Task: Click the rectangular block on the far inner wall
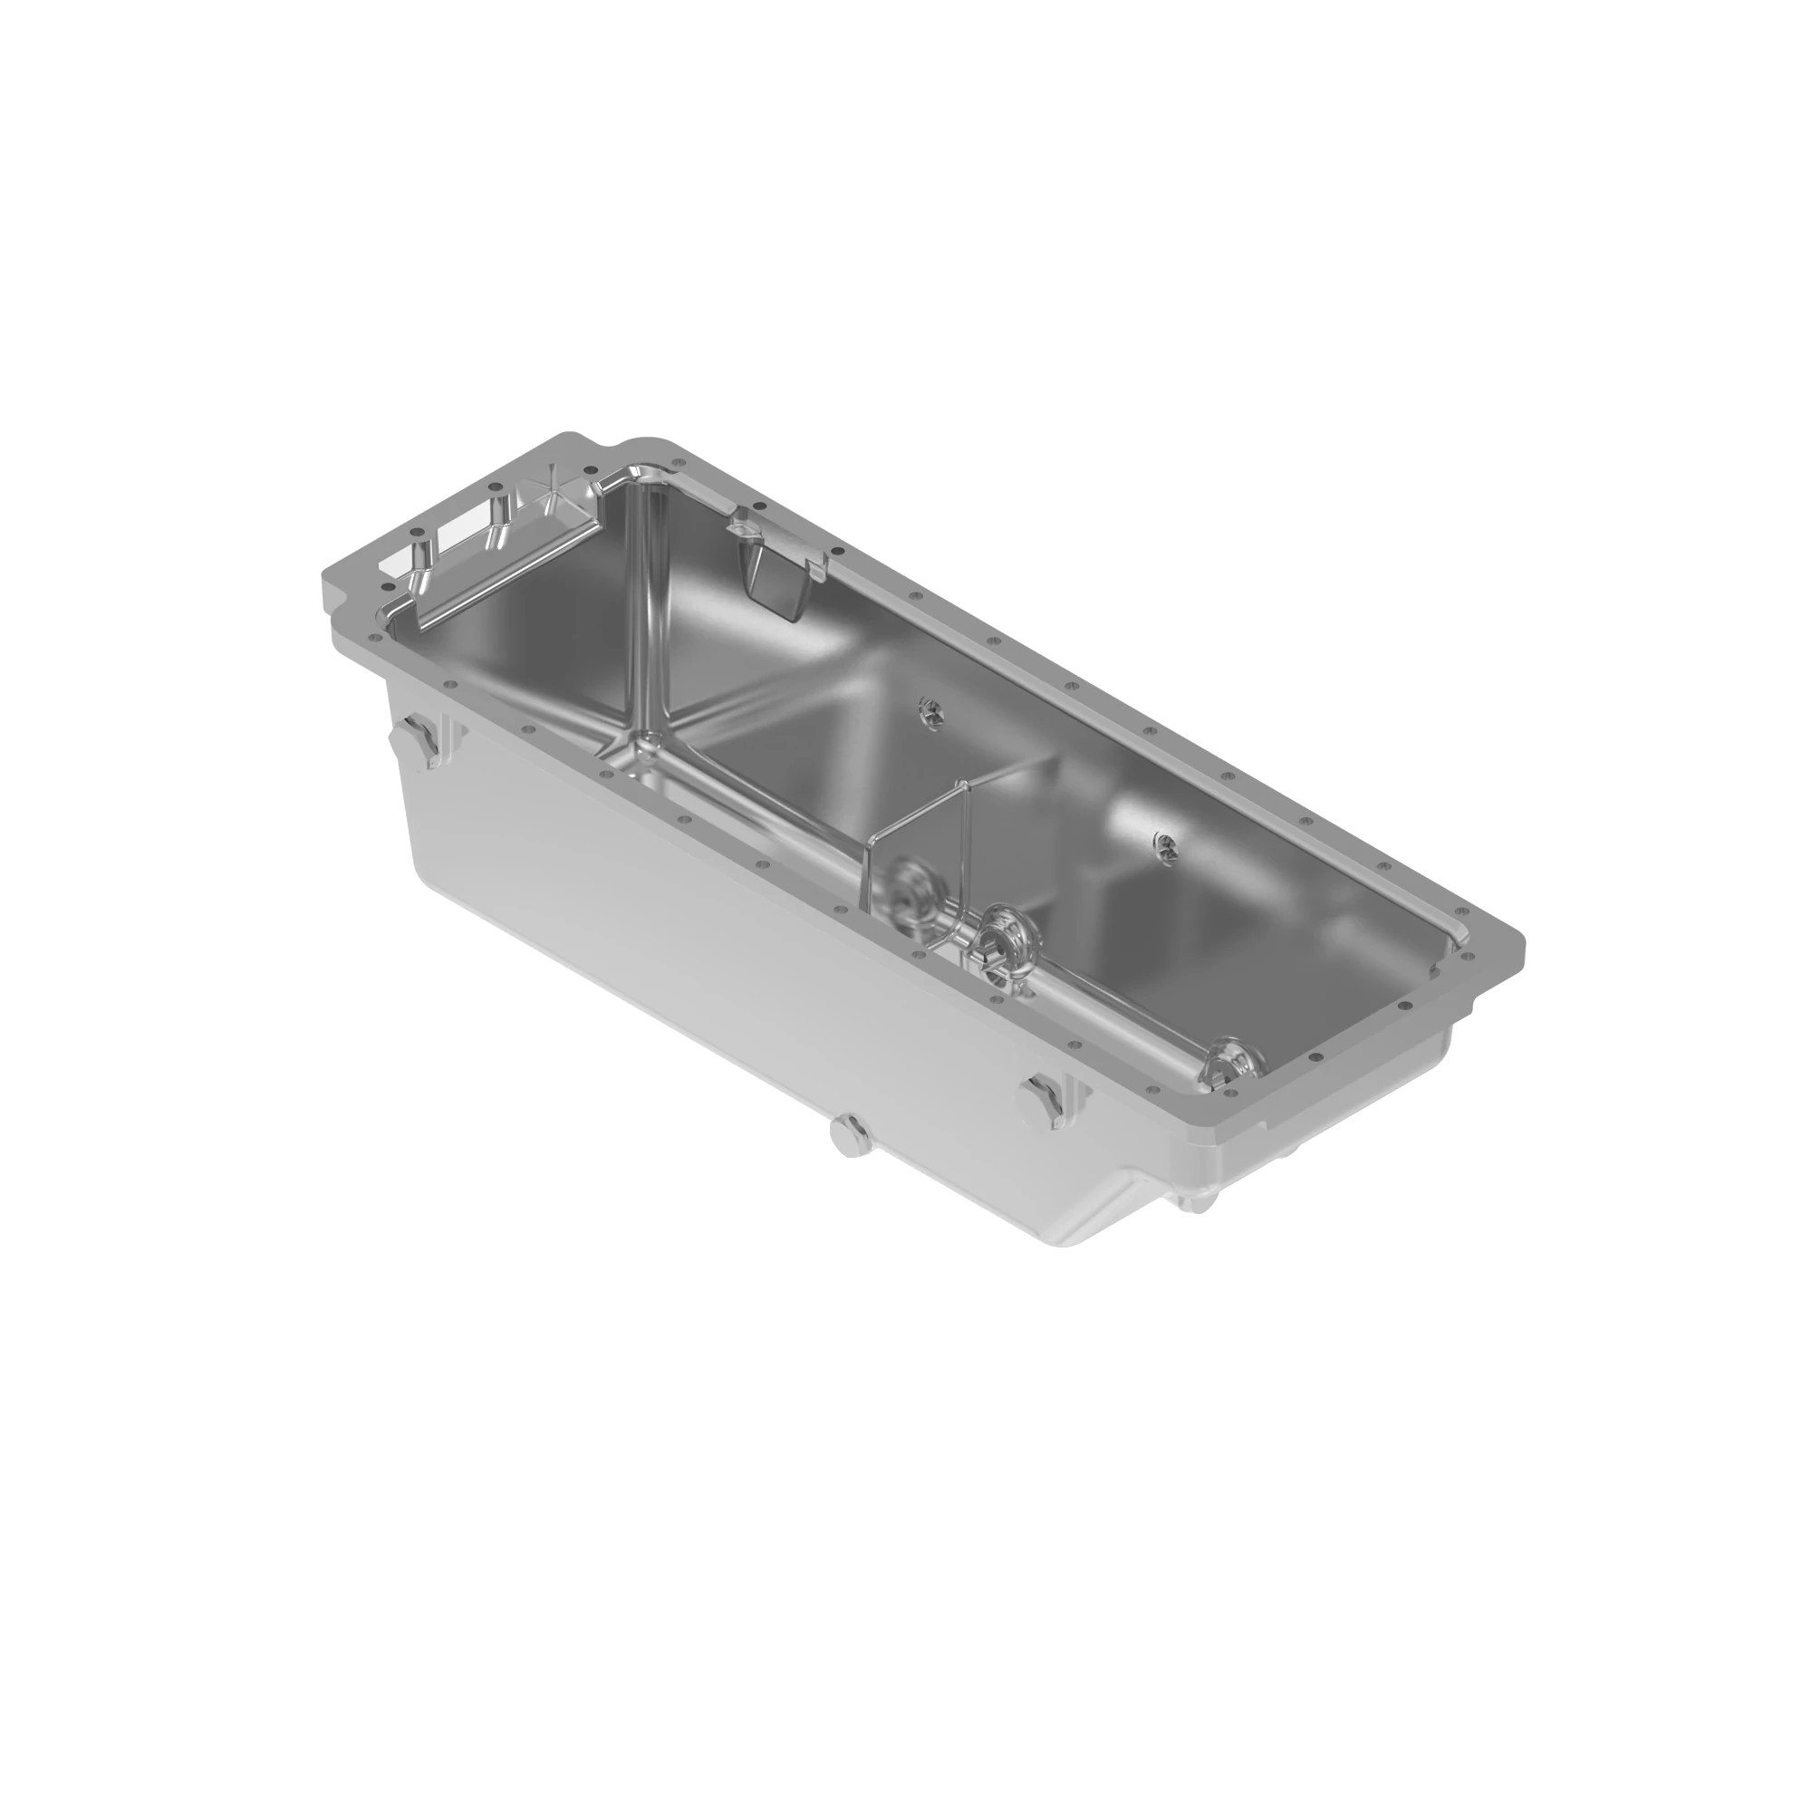pos(776,581)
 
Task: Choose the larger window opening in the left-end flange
pos(467,522)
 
